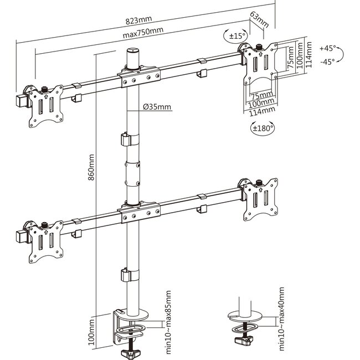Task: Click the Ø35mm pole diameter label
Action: tap(157, 107)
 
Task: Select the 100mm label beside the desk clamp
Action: tap(92, 334)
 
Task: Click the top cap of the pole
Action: tap(133, 56)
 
